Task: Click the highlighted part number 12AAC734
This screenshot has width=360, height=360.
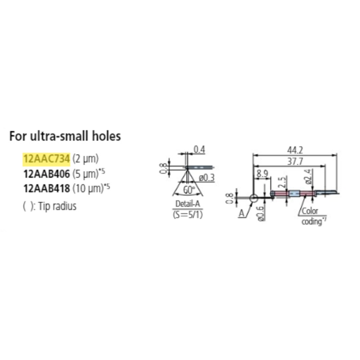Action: coord(46,158)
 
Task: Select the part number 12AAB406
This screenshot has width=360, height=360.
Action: coord(46,172)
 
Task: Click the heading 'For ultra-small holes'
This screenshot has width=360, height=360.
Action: coord(65,136)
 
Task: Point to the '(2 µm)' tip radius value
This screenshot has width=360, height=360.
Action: coord(85,158)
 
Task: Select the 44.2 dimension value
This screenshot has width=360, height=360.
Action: coord(296,149)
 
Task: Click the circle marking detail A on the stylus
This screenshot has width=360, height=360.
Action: coord(253,197)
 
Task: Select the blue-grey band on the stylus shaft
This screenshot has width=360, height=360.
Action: coord(294,195)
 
